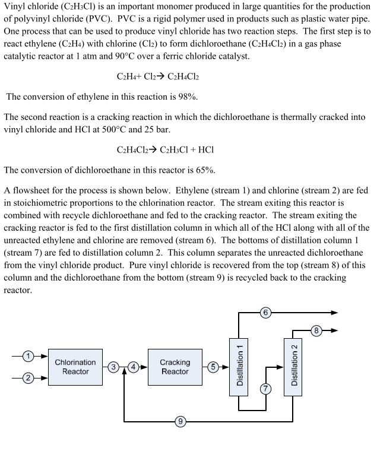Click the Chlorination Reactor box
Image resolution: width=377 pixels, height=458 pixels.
click(75, 367)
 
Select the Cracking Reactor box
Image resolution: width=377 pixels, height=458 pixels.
click(175, 367)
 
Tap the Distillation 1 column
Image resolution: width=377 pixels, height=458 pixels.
click(239, 366)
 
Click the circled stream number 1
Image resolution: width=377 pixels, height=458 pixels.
click(28, 356)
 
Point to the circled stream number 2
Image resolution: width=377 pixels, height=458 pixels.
click(28, 378)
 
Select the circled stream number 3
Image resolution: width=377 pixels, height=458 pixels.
click(113, 367)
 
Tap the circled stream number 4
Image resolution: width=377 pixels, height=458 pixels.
click(134, 367)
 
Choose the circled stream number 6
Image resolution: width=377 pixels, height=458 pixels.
click(265, 312)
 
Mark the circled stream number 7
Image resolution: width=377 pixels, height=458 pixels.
click(265, 388)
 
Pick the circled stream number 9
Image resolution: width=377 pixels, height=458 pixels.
click(180, 422)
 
